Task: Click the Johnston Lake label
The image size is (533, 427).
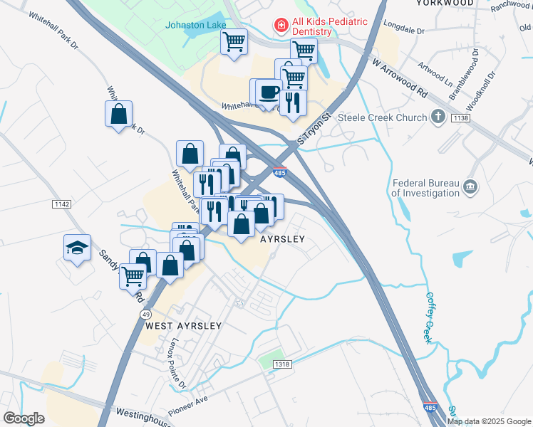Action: pyautogui.click(x=196, y=25)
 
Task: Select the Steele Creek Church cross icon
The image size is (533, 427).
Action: pyautogui.click(x=438, y=117)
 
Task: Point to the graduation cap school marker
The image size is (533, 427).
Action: pyautogui.click(x=77, y=247)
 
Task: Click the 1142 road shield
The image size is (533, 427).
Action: pyautogui.click(x=62, y=204)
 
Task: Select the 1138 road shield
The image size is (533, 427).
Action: pyautogui.click(x=460, y=118)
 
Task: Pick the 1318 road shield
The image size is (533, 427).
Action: pyautogui.click(x=282, y=364)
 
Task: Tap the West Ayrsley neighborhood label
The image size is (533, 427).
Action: pyautogui.click(x=183, y=325)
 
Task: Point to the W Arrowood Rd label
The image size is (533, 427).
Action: pyautogui.click(x=400, y=78)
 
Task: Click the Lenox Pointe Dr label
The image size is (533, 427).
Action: pyautogui.click(x=177, y=363)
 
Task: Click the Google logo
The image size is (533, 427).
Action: pyautogui.click(x=24, y=418)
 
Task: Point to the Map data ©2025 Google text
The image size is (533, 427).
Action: pyautogui.click(x=489, y=421)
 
